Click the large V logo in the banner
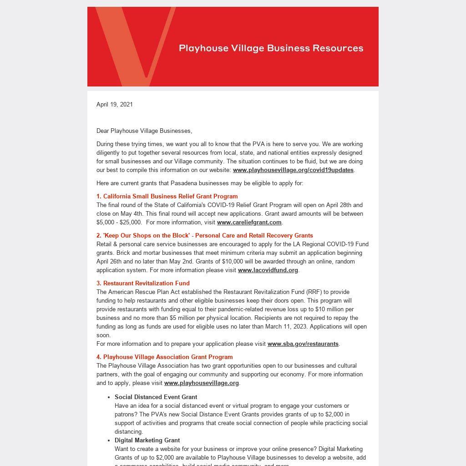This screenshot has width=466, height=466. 132,46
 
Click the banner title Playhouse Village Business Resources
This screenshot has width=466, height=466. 271,48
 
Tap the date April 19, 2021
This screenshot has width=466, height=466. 115,105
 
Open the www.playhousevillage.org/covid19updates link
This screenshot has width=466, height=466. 293,170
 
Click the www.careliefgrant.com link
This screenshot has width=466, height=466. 249,223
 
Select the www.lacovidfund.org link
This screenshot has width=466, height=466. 268,270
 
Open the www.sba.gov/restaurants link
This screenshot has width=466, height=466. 303,344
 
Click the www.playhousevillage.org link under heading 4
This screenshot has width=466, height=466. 201,383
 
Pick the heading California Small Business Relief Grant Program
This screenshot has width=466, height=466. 167,197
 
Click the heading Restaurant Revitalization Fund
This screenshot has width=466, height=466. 143,284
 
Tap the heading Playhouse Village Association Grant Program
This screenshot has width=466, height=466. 164,357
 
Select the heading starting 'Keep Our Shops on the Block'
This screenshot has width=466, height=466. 205,236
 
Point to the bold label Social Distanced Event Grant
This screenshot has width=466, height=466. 156,397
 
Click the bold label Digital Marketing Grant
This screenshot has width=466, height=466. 147,441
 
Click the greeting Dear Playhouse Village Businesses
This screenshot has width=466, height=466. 144,131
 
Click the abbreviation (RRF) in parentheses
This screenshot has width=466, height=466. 314,292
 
